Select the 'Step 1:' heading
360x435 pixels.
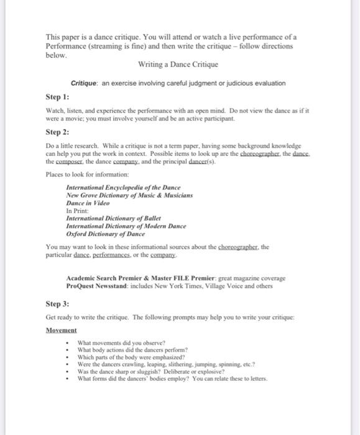click(57, 98)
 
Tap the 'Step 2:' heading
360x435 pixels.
click(57, 132)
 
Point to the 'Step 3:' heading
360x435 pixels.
click(57, 304)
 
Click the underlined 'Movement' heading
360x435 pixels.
click(61, 330)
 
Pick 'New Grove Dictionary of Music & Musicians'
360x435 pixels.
click(129, 195)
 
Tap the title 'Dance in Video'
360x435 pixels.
click(87, 203)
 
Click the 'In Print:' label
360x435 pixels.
click(78, 211)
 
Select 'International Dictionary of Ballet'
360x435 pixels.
click(113, 218)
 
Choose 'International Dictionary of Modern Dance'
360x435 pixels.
click(126, 226)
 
